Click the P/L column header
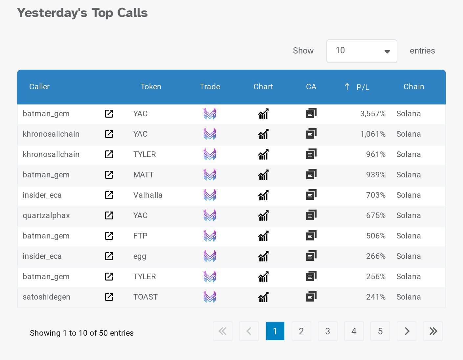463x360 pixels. [x=363, y=87]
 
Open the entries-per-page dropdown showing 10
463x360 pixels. [x=362, y=51]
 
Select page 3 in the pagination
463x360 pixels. [x=327, y=331]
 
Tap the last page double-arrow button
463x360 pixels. [x=432, y=331]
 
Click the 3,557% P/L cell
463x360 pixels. [x=373, y=114]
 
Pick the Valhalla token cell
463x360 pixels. [x=148, y=195]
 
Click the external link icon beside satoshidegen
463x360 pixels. [x=109, y=297]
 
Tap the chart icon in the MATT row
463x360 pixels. [x=263, y=175]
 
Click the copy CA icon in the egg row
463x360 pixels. [x=311, y=256]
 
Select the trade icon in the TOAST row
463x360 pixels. [x=210, y=297]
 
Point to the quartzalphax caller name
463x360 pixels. [x=46, y=215]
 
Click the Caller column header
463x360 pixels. [x=39, y=87]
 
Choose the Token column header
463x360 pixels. [x=151, y=87]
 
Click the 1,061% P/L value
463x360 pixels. [x=373, y=134]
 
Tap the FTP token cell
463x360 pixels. [x=140, y=236]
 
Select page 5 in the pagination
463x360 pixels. [x=380, y=331]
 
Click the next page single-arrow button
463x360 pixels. [x=407, y=331]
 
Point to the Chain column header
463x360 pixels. [x=414, y=87]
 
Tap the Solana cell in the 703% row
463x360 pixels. [x=408, y=195]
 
